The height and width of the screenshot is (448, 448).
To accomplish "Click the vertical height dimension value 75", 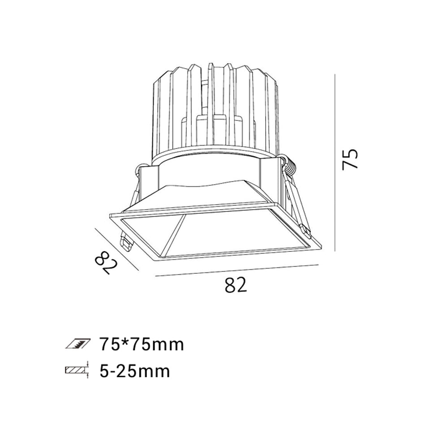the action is (350, 159).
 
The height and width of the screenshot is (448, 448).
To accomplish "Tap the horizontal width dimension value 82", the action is (236, 285).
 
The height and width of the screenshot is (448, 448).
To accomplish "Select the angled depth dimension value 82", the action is (106, 262).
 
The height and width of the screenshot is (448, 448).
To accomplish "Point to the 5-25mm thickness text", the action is (135, 371).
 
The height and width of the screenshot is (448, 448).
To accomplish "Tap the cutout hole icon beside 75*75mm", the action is (78, 344).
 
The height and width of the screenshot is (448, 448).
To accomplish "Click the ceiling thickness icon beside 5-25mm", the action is (78, 370).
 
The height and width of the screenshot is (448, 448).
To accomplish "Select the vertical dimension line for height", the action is (335, 163).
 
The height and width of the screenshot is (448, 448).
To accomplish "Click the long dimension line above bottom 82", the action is (237, 271).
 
